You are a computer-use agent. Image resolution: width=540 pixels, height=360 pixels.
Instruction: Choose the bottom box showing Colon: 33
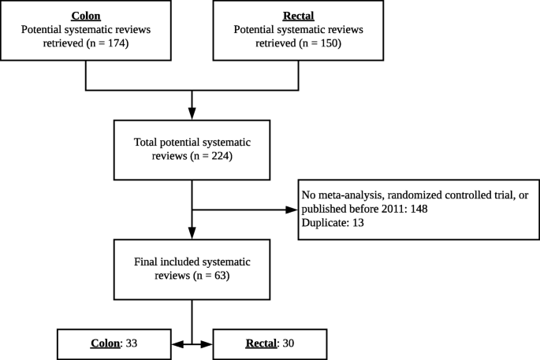(x=114, y=344)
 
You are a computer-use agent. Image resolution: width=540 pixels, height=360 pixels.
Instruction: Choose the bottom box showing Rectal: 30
(x=270, y=344)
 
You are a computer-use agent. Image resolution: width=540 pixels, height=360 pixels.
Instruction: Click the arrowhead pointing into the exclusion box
(x=291, y=210)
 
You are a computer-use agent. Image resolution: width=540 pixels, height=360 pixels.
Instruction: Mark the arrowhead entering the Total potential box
(x=192, y=114)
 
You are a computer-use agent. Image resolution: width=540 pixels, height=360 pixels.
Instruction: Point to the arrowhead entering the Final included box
(x=192, y=234)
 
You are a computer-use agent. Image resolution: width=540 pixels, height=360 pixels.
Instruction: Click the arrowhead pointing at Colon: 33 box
(x=177, y=344)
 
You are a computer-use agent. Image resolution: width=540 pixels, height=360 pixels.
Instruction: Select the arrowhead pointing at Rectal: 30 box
(x=208, y=344)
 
